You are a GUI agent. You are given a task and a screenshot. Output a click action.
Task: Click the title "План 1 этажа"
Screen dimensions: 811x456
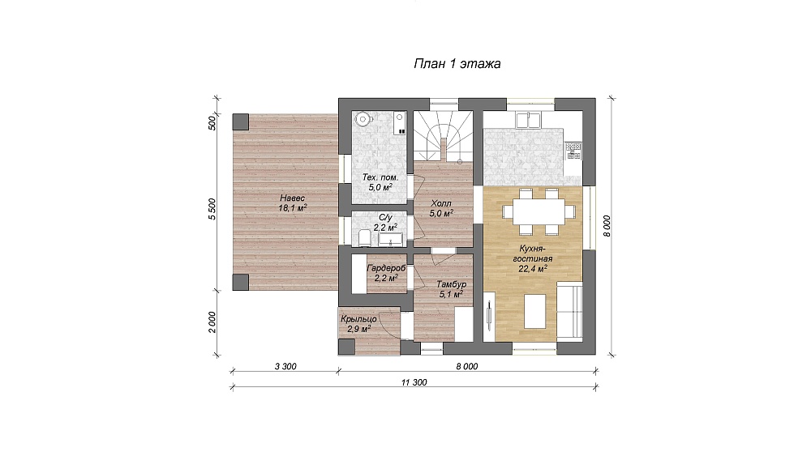[x=457, y=64]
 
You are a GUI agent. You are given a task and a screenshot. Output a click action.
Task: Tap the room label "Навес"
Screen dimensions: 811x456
[x=293, y=198]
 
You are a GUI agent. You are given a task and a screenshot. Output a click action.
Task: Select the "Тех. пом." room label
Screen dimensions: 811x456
[x=380, y=177]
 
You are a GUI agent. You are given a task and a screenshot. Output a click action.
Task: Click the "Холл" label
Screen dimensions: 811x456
[x=441, y=203]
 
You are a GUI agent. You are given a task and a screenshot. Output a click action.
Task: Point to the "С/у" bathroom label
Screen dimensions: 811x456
[x=385, y=217]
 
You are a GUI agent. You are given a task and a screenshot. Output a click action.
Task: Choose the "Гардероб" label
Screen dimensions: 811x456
[x=386, y=269]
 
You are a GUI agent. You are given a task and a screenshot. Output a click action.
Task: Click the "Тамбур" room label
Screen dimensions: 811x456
[x=451, y=284]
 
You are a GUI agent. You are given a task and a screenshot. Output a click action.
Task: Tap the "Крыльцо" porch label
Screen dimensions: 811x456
[x=358, y=319]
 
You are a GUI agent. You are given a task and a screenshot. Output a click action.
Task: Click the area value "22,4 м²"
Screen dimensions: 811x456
[x=533, y=268]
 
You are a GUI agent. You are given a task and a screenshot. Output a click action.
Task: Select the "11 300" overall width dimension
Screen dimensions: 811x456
[x=414, y=382]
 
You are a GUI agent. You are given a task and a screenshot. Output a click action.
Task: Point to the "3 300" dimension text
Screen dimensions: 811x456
[x=285, y=367]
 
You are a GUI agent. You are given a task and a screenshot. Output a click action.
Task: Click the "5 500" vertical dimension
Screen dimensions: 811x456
[x=212, y=209]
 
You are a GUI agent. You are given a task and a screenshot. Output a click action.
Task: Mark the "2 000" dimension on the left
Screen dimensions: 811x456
[x=212, y=322]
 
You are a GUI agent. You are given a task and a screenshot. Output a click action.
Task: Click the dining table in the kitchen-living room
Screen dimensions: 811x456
[x=538, y=212]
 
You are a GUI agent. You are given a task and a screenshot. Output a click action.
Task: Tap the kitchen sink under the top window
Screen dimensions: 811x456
[x=528, y=120]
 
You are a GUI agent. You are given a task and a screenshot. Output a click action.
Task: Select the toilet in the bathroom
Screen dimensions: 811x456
[x=364, y=238]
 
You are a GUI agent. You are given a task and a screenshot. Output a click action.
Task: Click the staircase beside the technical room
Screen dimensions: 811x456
[x=444, y=135]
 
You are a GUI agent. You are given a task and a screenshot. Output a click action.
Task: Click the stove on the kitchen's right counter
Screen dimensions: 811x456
[x=573, y=151]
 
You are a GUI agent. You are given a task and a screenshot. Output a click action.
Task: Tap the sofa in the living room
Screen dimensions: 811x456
[x=569, y=309]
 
